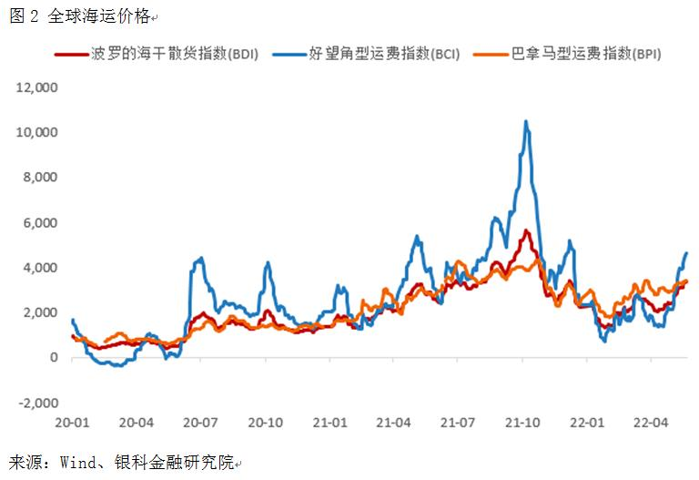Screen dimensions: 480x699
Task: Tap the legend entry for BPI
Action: (x=586, y=55)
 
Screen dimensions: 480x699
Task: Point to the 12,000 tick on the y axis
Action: (x=37, y=87)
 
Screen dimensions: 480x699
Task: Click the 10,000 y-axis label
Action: (x=37, y=132)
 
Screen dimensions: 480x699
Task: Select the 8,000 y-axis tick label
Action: (x=40, y=178)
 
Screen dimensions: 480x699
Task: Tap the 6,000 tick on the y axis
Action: (x=40, y=222)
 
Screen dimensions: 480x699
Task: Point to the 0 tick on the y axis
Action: (x=54, y=358)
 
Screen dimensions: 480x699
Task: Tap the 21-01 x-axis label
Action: (x=329, y=423)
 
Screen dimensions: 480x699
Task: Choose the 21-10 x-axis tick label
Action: (x=522, y=423)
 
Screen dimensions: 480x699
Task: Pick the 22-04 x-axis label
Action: (x=651, y=423)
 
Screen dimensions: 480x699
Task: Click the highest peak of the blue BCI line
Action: (x=526, y=121)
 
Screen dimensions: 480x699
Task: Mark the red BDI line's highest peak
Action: (x=526, y=231)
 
